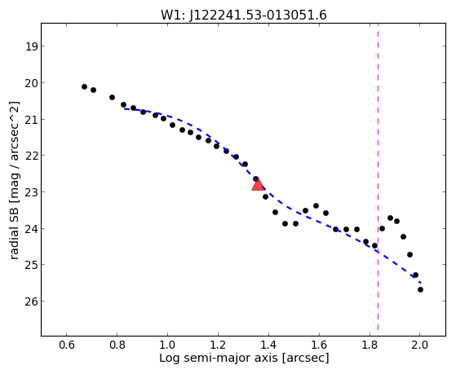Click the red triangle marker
pyautogui.click(x=258, y=185)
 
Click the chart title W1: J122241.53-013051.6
pyautogui.click(x=244, y=15)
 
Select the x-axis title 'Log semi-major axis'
pyautogui.click(x=218, y=358)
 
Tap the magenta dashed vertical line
pyautogui.click(x=378, y=177)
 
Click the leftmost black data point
pyautogui.click(x=84, y=86)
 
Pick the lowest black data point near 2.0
pyautogui.click(x=420, y=289)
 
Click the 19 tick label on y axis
pyautogui.click(x=32, y=46)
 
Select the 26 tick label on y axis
pyautogui.click(x=31, y=301)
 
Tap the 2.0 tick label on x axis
pyautogui.click(x=420, y=345)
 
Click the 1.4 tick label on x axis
pyautogui.click(x=268, y=345)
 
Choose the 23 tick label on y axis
pyautogui.click(x=31, y=192)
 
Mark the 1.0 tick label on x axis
pyautogui.click(x=167, y=345)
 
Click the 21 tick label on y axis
pyautogui.click(x=31, y=120)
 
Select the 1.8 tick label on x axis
pyautogui.click(x=370, y=345)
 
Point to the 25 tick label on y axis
pyautogui.click(x=31, y=265)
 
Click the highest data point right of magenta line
pyautogui.click(x=390, y=218)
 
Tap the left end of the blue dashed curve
pyautogui.click(x=124, y=108)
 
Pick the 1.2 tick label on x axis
pyautogui.click(x=218, y=345)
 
